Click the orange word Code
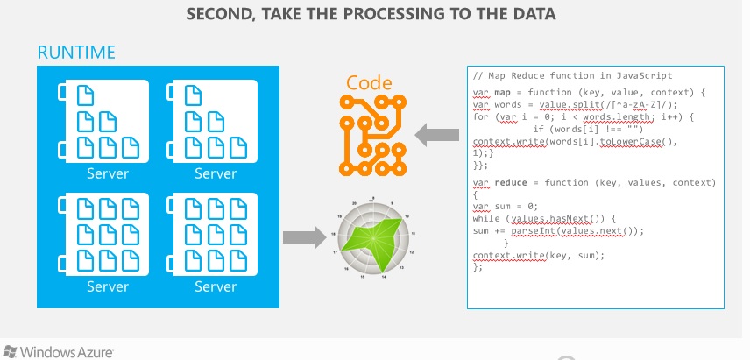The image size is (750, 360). coord(369,84)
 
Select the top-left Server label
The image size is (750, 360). coord(108,173)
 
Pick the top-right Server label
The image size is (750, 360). coord(216,173)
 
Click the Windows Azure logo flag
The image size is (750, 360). coord(10,352)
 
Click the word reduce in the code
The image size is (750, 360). coord(511,182)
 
